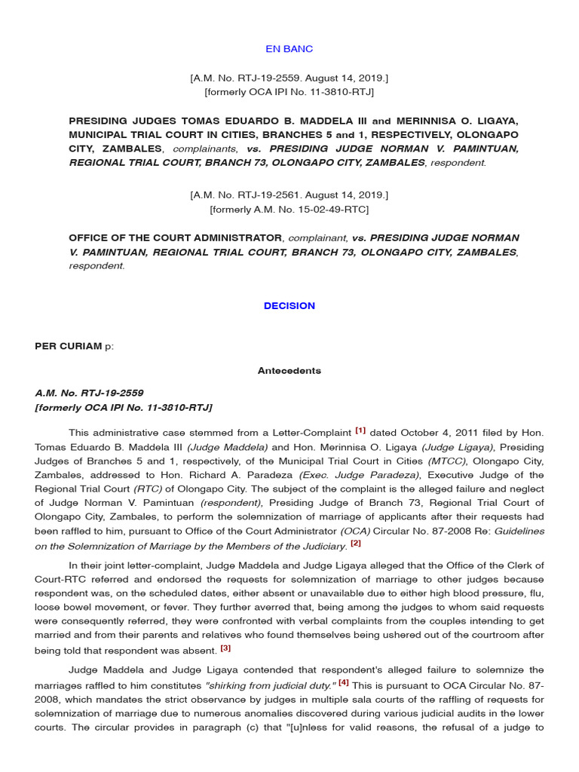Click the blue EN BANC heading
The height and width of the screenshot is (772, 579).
(x=289, y=49)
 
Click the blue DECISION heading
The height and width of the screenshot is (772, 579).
(x=289, y=306)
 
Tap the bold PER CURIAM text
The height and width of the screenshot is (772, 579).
(x=68, y=346)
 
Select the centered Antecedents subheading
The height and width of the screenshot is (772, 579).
(x=289, y=371)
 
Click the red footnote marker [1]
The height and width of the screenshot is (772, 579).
(x=360, y=430)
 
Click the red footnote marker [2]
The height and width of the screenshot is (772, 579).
(x=356, y=543)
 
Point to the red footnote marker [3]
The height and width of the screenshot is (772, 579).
(x=225, y=647)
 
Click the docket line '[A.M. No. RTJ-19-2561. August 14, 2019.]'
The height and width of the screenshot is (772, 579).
(x=289, y=195)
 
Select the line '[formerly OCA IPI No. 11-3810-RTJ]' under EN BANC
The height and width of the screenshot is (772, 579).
(x=289, y=92)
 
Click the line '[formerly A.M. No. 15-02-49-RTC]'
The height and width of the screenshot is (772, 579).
(x=289, y=209)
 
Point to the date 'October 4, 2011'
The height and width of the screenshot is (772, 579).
(x=428, y=433)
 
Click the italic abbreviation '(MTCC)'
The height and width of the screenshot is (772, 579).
(x=445, y=461)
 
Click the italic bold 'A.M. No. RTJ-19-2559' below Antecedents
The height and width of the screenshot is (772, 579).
(x=89, y=393)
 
